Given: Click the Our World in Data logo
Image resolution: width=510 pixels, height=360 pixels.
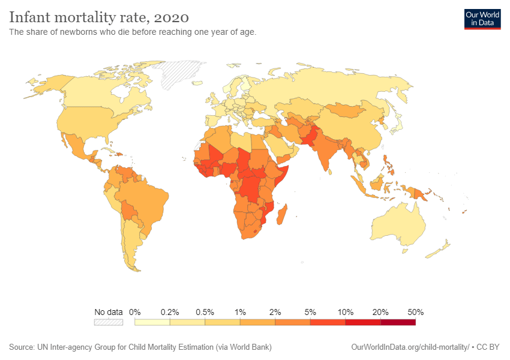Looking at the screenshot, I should [482, 19].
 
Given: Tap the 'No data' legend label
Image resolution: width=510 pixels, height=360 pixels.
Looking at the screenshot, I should [109, 312].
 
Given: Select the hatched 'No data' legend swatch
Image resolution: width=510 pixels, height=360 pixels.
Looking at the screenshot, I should [109, 322].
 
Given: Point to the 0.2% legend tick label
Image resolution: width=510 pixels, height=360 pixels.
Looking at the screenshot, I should [170, 312].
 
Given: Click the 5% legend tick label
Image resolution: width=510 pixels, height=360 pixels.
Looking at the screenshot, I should [310, 312].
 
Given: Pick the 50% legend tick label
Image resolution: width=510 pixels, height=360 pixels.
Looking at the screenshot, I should [415, 312].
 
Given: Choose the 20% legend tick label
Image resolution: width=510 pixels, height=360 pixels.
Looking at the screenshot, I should [380, 312].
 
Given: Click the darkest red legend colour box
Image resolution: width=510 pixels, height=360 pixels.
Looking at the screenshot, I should [398, 322].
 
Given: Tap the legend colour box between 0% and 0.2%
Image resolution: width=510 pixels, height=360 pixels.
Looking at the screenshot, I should [152, 322].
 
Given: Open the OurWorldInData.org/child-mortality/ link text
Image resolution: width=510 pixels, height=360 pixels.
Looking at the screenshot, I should [410, 347].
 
